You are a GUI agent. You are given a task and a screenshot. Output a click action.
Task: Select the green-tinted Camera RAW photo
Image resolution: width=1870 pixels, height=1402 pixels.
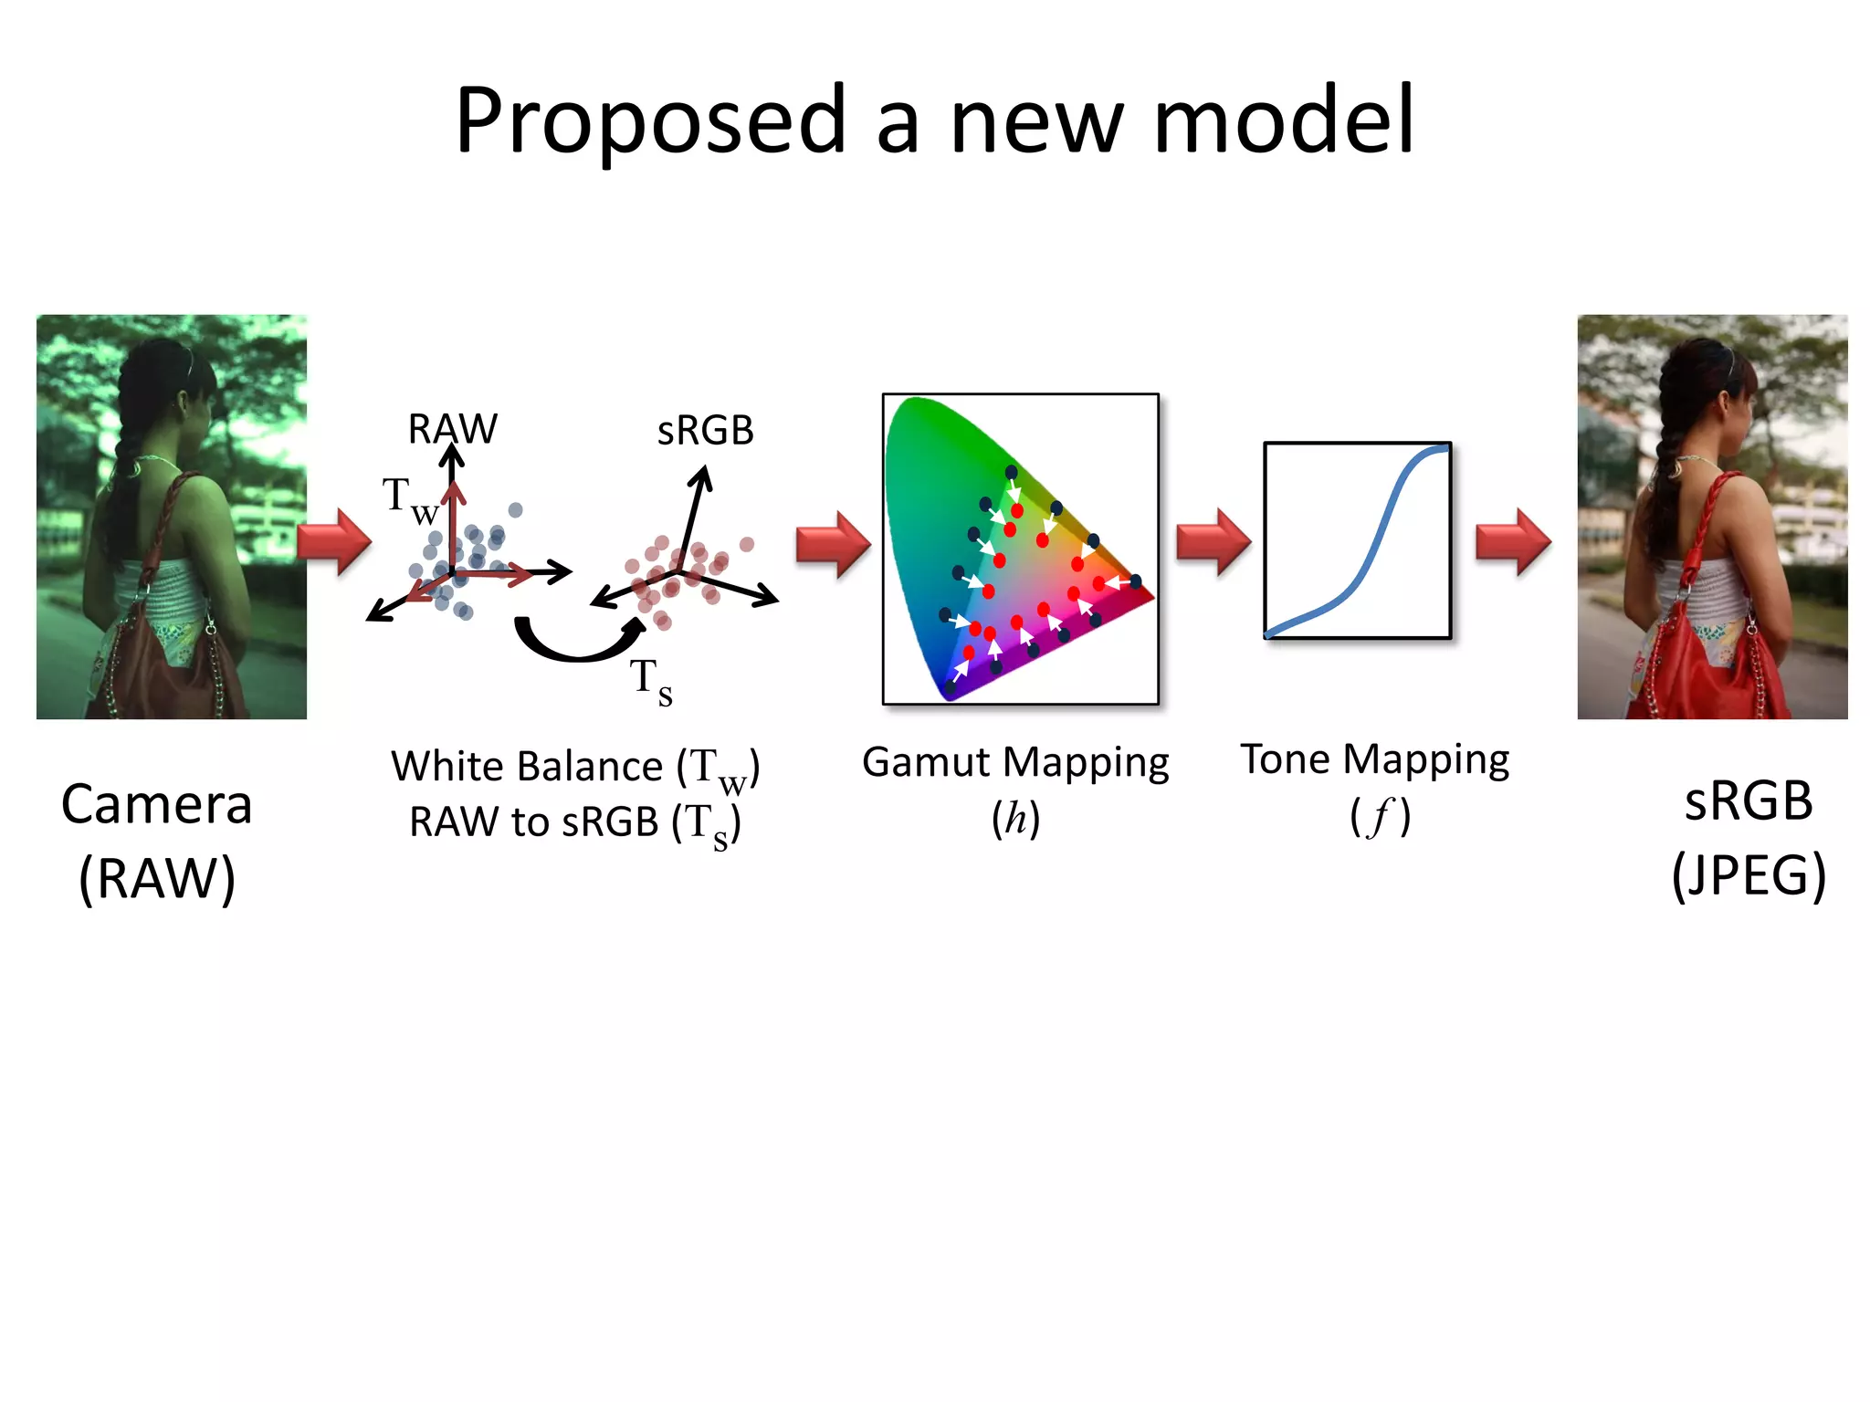172,517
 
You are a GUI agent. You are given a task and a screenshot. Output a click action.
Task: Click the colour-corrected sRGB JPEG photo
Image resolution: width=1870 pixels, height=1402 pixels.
1712,517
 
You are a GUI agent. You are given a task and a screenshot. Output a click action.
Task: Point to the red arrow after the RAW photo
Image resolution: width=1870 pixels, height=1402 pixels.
336,541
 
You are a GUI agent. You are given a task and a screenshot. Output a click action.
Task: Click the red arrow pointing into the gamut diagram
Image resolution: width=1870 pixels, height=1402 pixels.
833,544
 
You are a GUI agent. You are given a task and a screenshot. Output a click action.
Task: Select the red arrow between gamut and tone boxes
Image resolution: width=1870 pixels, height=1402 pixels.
1213,542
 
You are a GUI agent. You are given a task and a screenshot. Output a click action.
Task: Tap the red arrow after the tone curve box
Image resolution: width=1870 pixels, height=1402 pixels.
1513,542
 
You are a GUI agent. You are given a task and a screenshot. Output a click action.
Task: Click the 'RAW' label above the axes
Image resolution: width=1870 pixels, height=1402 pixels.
452,429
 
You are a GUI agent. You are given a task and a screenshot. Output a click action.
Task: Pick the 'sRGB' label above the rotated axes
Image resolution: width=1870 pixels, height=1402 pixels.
705,431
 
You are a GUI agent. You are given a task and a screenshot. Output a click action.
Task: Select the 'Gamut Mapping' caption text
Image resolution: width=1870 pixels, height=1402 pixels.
1015,763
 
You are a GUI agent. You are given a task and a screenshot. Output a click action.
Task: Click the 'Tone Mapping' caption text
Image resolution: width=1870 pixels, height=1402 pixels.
1374,759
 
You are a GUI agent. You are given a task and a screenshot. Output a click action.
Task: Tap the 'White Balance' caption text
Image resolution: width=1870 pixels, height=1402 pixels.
527,766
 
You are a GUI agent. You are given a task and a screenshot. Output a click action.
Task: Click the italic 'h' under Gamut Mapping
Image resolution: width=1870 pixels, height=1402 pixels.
1015,818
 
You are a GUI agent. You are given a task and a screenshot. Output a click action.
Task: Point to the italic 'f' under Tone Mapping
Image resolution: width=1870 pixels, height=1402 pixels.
1380,816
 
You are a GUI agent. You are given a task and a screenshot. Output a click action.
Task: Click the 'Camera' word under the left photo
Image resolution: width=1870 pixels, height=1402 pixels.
156,804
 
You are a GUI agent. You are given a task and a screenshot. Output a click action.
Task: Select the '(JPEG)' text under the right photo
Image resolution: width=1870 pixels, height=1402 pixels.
1749,875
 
